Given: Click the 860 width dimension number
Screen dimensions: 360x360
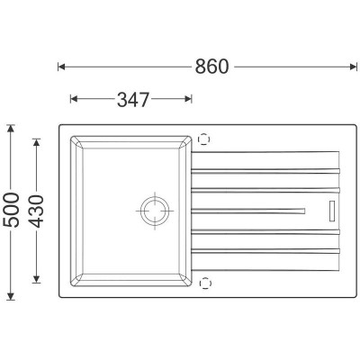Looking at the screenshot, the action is [211, 67].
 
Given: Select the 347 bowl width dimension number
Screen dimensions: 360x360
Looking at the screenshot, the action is [133, 100].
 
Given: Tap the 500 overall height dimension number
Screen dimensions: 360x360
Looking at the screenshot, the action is [11, 210].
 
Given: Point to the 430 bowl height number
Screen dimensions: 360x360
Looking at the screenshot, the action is [37, 211].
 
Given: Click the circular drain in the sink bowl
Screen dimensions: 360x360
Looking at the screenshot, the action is [155, 211].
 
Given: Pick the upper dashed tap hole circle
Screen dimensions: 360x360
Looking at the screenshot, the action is [203, 139].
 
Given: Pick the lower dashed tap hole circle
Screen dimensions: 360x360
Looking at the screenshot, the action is [205, 283].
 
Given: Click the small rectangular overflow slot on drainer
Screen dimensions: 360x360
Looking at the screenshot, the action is [332, 211].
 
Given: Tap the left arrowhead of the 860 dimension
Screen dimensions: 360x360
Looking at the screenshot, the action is [61, 67].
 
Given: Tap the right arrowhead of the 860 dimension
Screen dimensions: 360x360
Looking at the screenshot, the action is [354, 67].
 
